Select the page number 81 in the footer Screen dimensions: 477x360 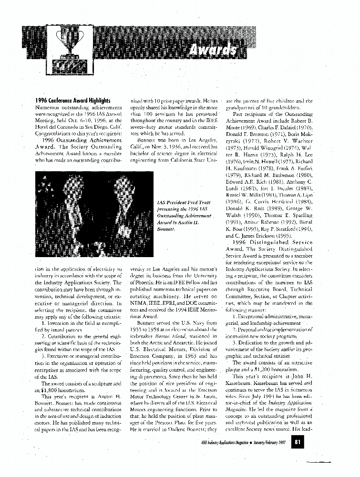pos(297,443)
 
